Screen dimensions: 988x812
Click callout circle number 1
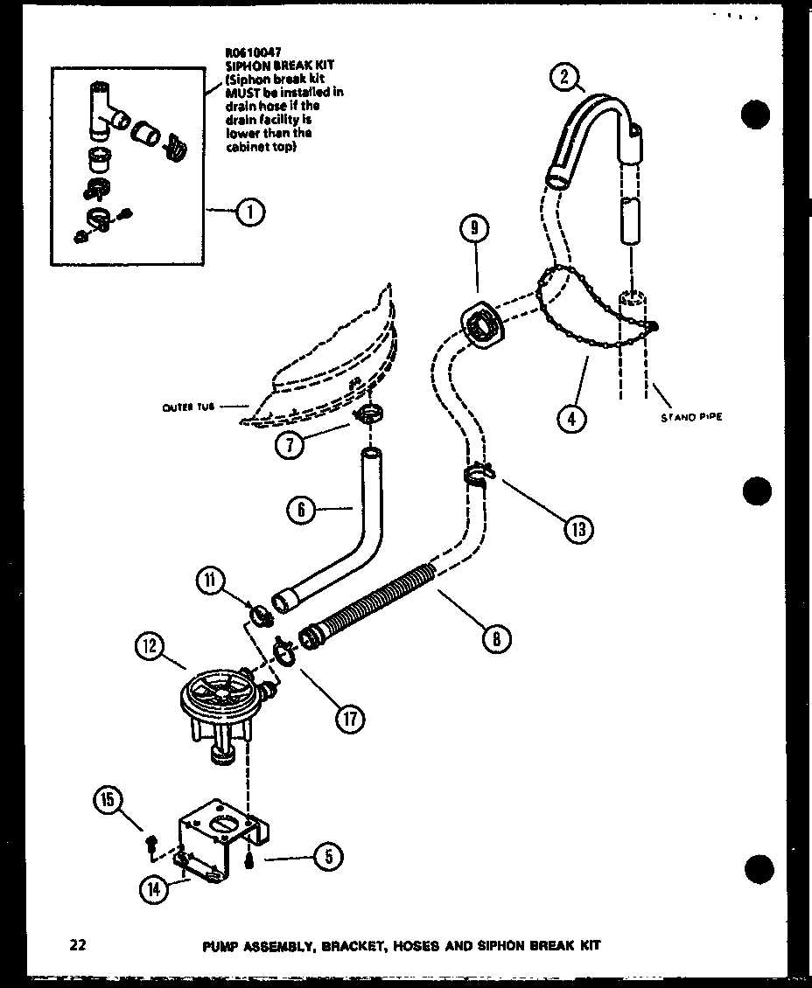(x=250, y=211)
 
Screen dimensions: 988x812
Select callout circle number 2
(x=565, y=79)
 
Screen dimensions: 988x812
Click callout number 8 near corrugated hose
(x=495, y=639)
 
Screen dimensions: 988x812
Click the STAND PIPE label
(x=690, y=418)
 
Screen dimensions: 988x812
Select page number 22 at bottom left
(x=78, y=945)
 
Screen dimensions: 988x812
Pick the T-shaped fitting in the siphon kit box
(x=101, y=108)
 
